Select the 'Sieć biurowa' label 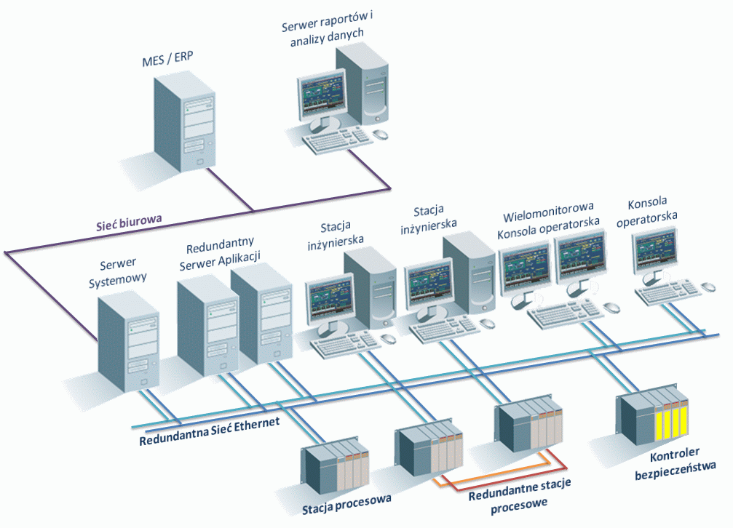(x=129, y=220)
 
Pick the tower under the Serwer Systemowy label (x=129, y=341)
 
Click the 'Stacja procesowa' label (x=346, y=499)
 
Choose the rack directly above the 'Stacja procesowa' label (x=336, y=463)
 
